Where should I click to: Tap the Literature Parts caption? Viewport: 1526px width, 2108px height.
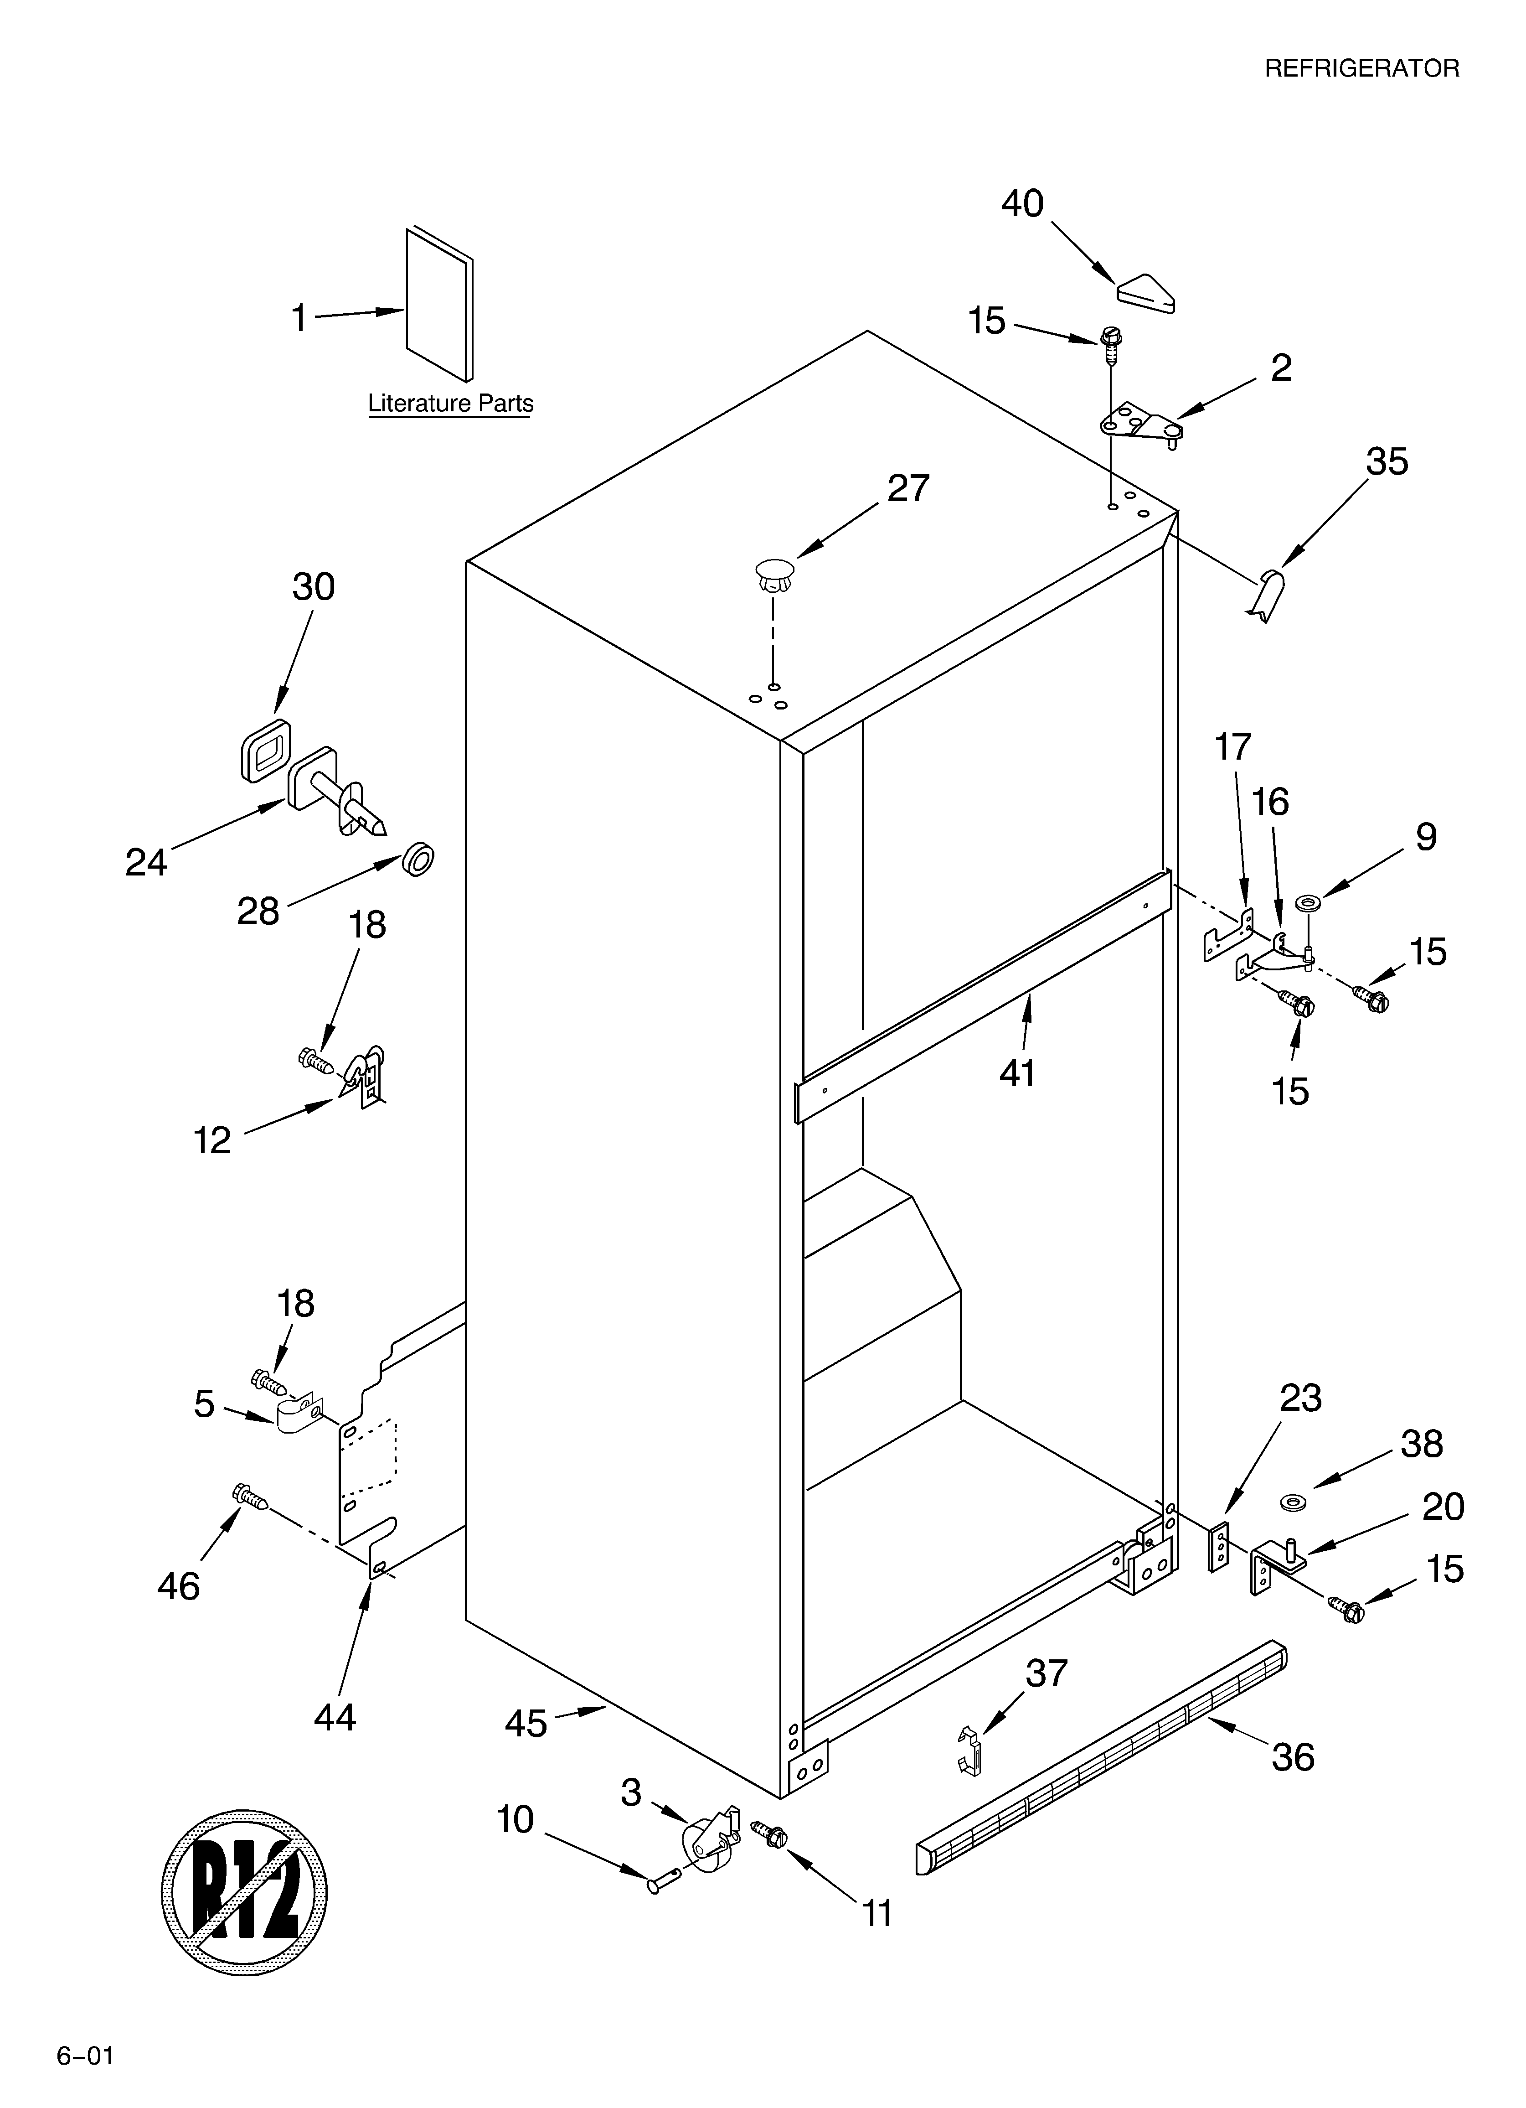coord(451,404)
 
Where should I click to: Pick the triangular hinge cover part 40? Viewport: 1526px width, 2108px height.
coord(1145,292)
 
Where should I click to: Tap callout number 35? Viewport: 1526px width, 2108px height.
coord(1387,462)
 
